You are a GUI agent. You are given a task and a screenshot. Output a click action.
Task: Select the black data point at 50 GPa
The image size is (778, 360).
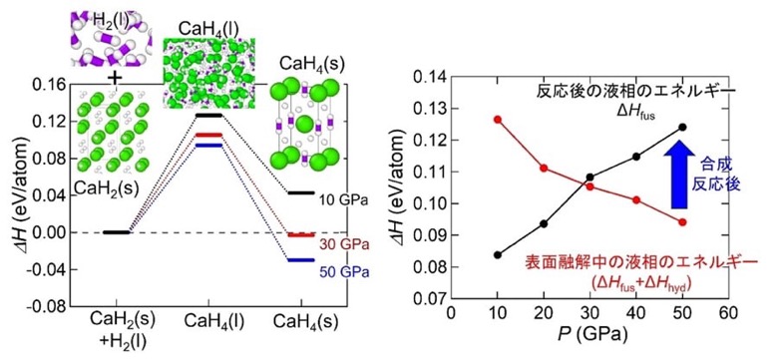[682, 127]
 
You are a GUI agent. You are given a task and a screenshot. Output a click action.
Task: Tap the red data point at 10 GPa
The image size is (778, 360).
[498, 119]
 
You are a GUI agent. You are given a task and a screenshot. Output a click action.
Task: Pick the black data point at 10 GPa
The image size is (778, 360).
[498, 255]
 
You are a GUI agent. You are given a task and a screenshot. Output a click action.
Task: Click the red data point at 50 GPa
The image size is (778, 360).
[682, 222]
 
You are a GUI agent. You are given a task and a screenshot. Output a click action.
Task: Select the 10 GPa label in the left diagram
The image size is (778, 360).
[343, 201]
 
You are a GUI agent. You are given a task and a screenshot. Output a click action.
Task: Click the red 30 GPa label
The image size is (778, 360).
[343, 245]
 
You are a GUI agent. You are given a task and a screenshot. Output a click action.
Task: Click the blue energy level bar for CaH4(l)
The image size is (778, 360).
[207, 146]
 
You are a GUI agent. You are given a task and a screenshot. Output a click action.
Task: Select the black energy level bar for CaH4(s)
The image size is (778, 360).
[300, 192]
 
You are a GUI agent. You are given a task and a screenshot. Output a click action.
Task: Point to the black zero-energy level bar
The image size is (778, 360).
[115, 232]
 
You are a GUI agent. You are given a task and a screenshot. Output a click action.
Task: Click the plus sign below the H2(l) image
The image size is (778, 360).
[115, 78]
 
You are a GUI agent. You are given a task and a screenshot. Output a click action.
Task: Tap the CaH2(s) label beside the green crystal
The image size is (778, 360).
[104, 187]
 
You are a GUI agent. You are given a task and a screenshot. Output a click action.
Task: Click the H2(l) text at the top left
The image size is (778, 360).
[107, 20]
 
